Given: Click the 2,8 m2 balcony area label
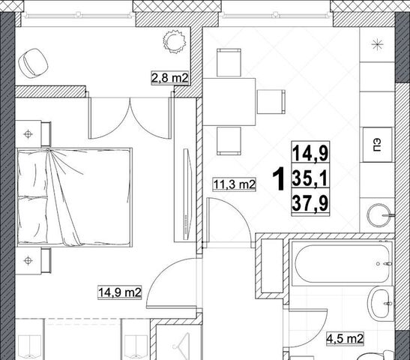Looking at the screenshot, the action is (170, 78).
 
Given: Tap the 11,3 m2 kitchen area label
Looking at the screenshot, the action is (235, 184).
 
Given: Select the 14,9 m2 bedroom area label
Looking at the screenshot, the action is (120, 292).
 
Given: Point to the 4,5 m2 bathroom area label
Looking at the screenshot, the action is (345, 339).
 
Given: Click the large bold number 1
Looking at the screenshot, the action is (278, 179).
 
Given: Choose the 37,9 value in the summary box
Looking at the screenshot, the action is (310, 203).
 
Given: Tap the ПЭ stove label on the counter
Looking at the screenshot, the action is (377, 145).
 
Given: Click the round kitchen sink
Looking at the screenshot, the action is (379, 215).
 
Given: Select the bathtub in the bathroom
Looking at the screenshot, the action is (343, 262).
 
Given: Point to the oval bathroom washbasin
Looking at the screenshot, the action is (380, 304).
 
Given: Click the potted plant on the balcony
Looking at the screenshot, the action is (174, 42).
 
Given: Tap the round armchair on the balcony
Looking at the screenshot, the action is (33, 63).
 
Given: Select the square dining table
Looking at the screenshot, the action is (229, 102).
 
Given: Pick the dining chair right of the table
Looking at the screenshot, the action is (271, 102).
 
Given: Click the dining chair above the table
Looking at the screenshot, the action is (229, 62).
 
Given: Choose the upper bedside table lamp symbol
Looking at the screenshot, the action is (28, 134).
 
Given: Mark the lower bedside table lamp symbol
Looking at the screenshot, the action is (28, 260).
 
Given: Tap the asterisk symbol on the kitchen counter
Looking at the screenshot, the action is (377, 45).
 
